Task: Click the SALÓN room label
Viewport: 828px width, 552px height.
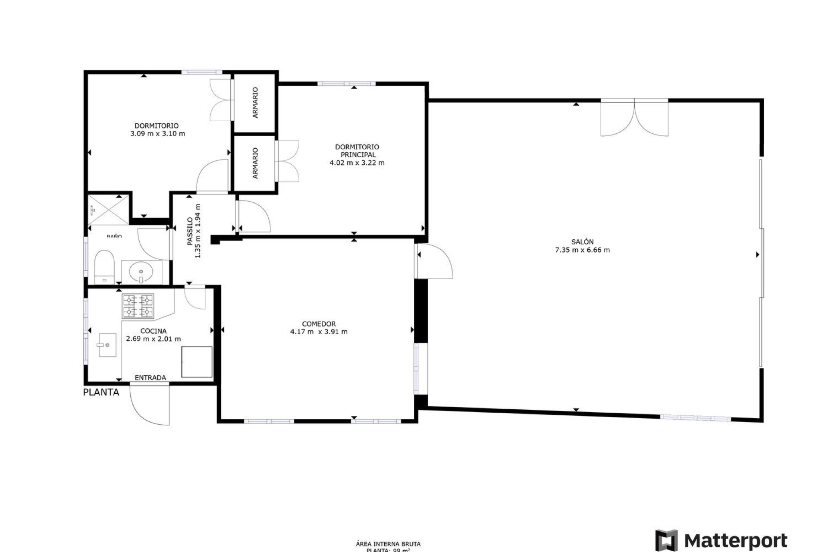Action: coord(582,242)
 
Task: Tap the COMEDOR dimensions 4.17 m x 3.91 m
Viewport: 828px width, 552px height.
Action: coord(319,332)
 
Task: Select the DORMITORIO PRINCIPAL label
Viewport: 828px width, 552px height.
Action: coord(357,151)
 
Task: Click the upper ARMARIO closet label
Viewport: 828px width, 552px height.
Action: coord(255,103)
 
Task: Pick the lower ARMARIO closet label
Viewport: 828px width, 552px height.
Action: coord(255,163)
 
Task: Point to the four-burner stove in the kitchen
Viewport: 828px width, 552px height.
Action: coord(138,306)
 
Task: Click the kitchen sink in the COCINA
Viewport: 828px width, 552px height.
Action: coord(107,345)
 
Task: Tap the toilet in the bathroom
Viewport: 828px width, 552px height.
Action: coord(104,266)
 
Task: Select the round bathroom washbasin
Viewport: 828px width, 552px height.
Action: coord(141,272)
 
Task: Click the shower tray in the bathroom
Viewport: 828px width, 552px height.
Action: coord(108,210)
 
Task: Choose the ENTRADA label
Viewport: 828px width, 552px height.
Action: coord(150,378)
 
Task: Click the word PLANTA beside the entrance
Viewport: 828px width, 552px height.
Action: coord(101,392)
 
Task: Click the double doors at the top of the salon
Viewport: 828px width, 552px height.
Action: coord(634,118)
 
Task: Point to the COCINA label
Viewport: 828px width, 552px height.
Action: coord(154,331)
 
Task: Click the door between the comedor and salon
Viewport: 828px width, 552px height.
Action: coord(433,261)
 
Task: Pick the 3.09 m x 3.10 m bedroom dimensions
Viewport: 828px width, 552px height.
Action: coord(157,134)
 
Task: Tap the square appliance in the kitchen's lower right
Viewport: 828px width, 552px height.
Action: coord(197,362)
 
